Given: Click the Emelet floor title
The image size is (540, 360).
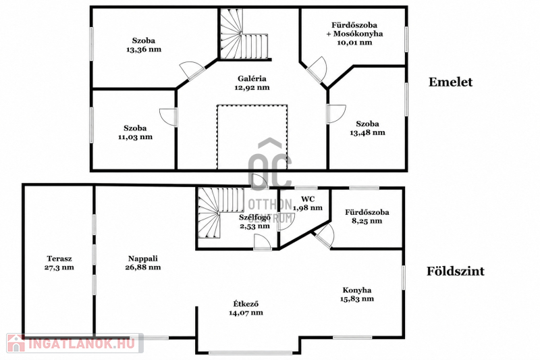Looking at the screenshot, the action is pyautogui.click(x=450, y=82).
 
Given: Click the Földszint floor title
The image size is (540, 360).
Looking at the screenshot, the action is pyautogui.click(x=455, y=272).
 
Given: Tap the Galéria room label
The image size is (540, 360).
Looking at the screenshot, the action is pyautogui.click(x=252, y=78).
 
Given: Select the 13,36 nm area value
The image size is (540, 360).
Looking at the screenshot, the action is pyautogui.click(x=144, y=49).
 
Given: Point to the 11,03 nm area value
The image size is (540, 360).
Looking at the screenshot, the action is pyautogui.click(x=135, y=136).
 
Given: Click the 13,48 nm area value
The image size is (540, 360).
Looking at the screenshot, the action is pyautogui.click(x=367, y=132).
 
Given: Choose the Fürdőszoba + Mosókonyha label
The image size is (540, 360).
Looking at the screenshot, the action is pyautogui.click(x=354, y=29).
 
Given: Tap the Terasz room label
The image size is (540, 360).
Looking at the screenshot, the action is pyautogui.click(x=59, y=259).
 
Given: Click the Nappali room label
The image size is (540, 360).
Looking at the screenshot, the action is pyautogui.click(x=143, y=259).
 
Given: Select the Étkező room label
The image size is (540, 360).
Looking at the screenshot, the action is pyautogui.click(x=246, y=304).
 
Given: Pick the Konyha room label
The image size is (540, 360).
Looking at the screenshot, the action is pyautogui.click(x=357, y=290).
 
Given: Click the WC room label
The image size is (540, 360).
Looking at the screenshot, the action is pyautogui.click(x=308, y=199).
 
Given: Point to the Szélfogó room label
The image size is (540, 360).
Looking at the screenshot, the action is pyautogui.click(x=254, y=217).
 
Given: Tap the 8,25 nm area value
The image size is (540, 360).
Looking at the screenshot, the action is pyautogui.click(x=367, y=221).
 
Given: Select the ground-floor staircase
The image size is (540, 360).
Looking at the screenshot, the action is pyautogui.click(x=221, y=213).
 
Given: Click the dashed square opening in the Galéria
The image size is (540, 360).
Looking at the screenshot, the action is pyautogui.click(x=252, y=136).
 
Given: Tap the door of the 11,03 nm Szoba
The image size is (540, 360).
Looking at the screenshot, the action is pyautogui.click(x=169, y=117).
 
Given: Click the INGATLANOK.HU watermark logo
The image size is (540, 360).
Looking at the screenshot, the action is pyautogui.click(x=75, y=343).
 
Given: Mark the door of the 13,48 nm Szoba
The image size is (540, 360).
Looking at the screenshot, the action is pyautogui.click(x=335, y=114).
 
